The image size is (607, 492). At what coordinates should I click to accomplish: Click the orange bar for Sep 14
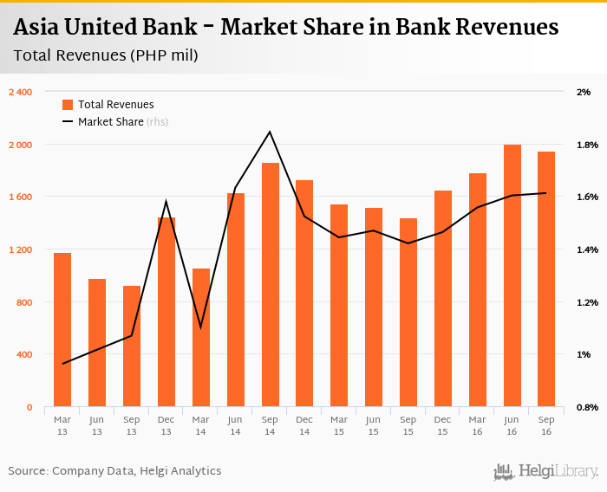(270, 285)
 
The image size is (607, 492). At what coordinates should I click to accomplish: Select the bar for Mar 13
(62, 330)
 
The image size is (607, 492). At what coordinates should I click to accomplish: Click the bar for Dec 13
(166, 312)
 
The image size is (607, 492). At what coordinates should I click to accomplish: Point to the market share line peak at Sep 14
(270, 132)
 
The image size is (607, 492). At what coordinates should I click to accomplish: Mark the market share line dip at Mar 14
(200, 327)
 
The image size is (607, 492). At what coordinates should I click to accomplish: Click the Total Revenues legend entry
(115, 105)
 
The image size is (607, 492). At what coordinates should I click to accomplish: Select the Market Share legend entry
(111, 122)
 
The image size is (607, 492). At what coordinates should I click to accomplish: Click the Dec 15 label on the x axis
(443, 424)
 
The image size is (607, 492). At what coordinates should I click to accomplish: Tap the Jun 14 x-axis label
(235, 424)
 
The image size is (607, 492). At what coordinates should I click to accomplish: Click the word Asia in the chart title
(37, 28)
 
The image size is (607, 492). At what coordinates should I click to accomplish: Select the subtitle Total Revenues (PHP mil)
(106, 56)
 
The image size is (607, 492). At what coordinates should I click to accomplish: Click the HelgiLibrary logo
(546, 471)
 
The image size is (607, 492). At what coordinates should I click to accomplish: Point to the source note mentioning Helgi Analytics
(114, 471)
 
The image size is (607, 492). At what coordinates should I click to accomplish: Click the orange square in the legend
(68, 105)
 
